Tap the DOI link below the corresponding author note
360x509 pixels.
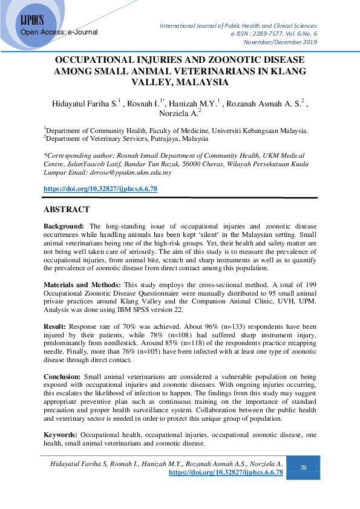pos(100,189)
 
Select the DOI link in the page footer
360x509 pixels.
pos(226,472)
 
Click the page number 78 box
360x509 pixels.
pos(303,467)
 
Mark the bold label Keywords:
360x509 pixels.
pos(61,435)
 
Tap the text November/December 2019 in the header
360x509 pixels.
pos(280,42)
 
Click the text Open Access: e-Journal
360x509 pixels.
pos(59,31)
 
